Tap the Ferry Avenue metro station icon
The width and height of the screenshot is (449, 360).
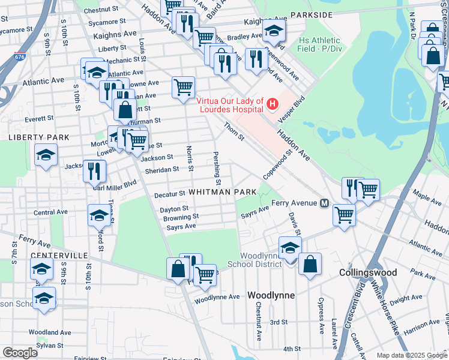coord(325,203)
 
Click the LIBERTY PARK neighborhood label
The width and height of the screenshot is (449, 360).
coord(30,137)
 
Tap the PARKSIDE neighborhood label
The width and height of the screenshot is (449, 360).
coord(311,14)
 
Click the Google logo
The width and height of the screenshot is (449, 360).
coord(20,352)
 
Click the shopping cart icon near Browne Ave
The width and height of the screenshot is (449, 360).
coord(183,86)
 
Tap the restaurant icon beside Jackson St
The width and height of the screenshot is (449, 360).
coord(94,170)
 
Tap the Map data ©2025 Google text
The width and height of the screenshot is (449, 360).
coord(411,355)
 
